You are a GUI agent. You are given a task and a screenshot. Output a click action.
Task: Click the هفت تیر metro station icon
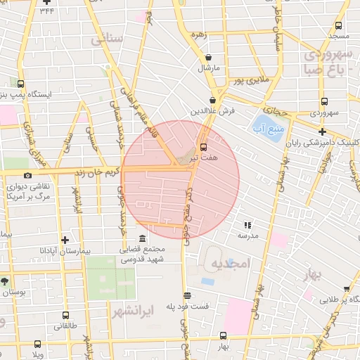(204, 148)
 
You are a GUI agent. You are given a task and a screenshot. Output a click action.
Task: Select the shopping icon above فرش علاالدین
(212, 100)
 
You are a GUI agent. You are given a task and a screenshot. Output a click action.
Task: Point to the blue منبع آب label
(268, 128)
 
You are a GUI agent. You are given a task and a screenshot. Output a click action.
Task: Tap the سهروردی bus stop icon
(323, 101)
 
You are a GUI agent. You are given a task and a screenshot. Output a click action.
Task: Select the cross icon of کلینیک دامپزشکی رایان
(322, 131)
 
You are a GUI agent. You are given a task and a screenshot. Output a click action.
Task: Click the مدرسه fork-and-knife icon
(247, 225)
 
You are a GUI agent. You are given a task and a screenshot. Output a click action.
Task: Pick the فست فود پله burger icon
(187, 296)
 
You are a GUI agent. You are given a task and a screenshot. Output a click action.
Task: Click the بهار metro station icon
(223, 335)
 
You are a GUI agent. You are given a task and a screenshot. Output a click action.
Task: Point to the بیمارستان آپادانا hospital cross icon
(65, 240)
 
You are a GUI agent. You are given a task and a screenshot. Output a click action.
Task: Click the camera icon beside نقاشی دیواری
(27, 175)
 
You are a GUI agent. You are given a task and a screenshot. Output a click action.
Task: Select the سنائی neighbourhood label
(107, 39)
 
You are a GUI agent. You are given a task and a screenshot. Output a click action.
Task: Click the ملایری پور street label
(250, 81)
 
